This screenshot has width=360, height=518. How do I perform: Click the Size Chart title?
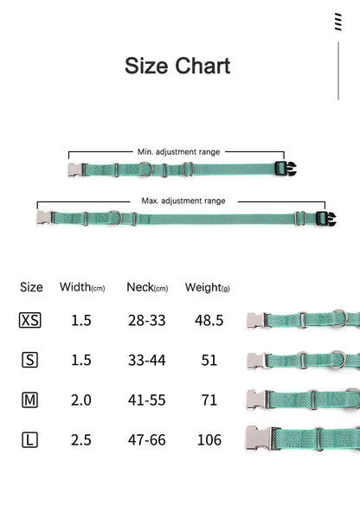[x=177, y=66]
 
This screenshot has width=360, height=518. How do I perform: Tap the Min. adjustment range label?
[x=178, y=152]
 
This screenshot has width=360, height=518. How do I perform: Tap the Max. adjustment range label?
[x=183, y=201]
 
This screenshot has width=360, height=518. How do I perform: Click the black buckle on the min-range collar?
[x=286, y=169]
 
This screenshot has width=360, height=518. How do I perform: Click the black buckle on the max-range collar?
[x=325, y=219]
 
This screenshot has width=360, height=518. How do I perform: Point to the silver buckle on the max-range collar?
[x=45, y=218]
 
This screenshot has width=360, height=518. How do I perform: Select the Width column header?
[x=82, y=287]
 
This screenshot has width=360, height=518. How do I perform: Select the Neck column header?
[x=147, y=287]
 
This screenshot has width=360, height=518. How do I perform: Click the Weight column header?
[x=208, y=287]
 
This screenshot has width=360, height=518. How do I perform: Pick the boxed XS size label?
[x=30, y=320]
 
